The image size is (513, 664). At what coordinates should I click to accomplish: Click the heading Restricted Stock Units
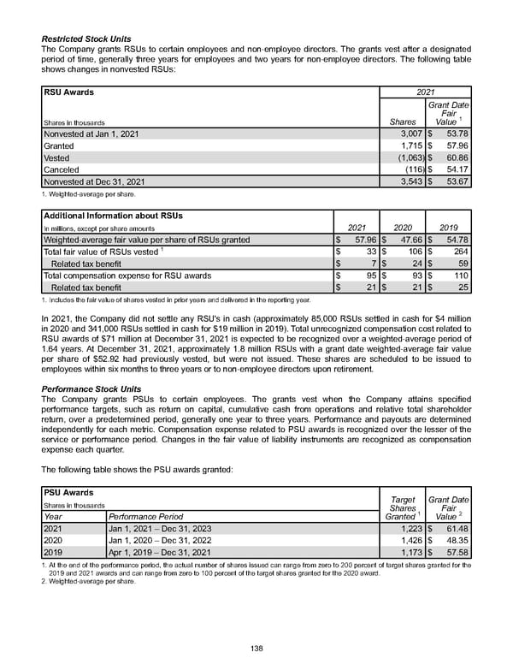87,39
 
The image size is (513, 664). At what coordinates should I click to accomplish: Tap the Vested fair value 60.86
455,158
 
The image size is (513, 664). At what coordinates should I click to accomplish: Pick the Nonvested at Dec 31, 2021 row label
94,182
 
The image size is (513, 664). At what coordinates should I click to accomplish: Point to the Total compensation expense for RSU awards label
127,276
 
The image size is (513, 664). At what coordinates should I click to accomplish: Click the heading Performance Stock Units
91,388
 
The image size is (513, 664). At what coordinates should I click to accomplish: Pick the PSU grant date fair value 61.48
455,529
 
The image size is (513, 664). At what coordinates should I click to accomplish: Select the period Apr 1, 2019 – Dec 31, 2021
160,554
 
